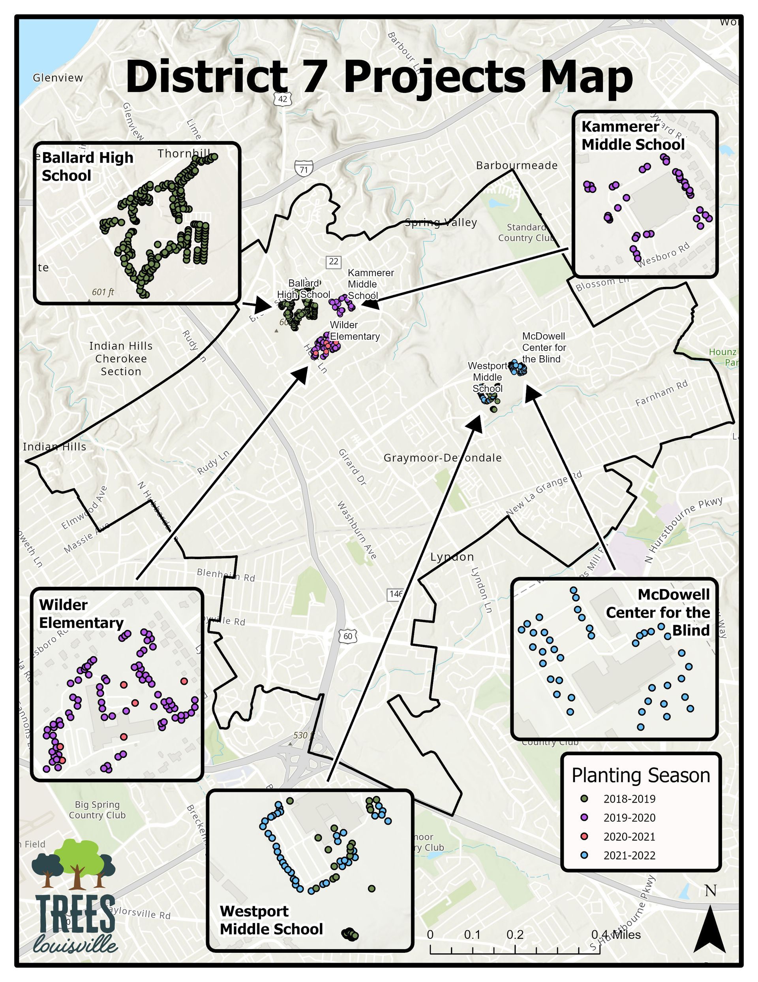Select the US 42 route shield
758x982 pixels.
283,99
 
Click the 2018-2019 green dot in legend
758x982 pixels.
584,799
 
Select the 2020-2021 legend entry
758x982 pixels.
629,836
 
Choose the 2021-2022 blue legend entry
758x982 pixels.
629,855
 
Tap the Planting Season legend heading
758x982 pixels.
640,776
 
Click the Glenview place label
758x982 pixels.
58,78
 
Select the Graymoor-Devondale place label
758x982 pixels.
442,458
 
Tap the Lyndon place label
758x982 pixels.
452,557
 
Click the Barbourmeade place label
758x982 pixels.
517,166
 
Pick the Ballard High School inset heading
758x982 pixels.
88,166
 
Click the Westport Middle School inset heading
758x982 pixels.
271,920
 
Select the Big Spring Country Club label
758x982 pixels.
97,810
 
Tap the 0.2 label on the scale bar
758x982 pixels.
515,935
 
